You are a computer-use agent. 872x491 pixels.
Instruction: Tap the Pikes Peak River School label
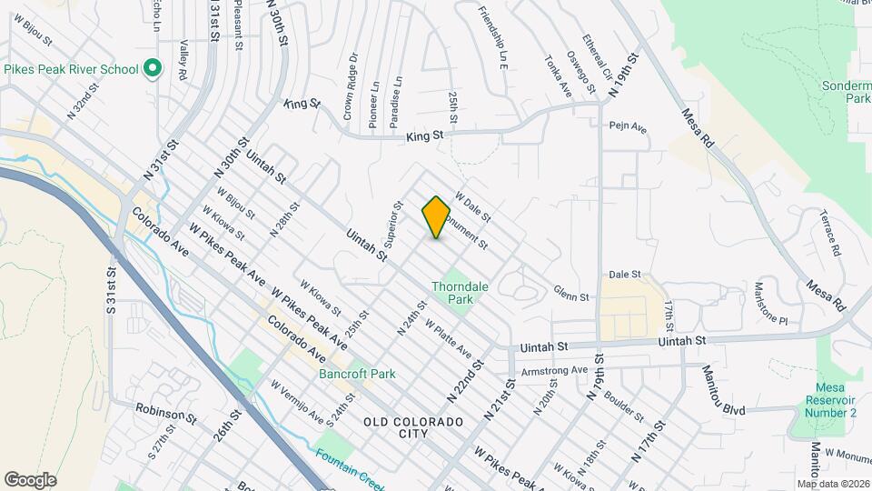[71, 69]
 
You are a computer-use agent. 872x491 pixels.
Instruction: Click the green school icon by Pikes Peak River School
[153, 69]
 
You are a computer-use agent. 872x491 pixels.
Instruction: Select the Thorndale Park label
[461, 292]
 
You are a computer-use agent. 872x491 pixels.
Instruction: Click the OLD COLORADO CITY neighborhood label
[413, 428]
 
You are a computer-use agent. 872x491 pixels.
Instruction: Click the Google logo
[30, 479]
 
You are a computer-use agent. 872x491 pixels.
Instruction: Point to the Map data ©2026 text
[832, 484]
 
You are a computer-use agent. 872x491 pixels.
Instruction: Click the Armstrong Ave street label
[555, 371]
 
